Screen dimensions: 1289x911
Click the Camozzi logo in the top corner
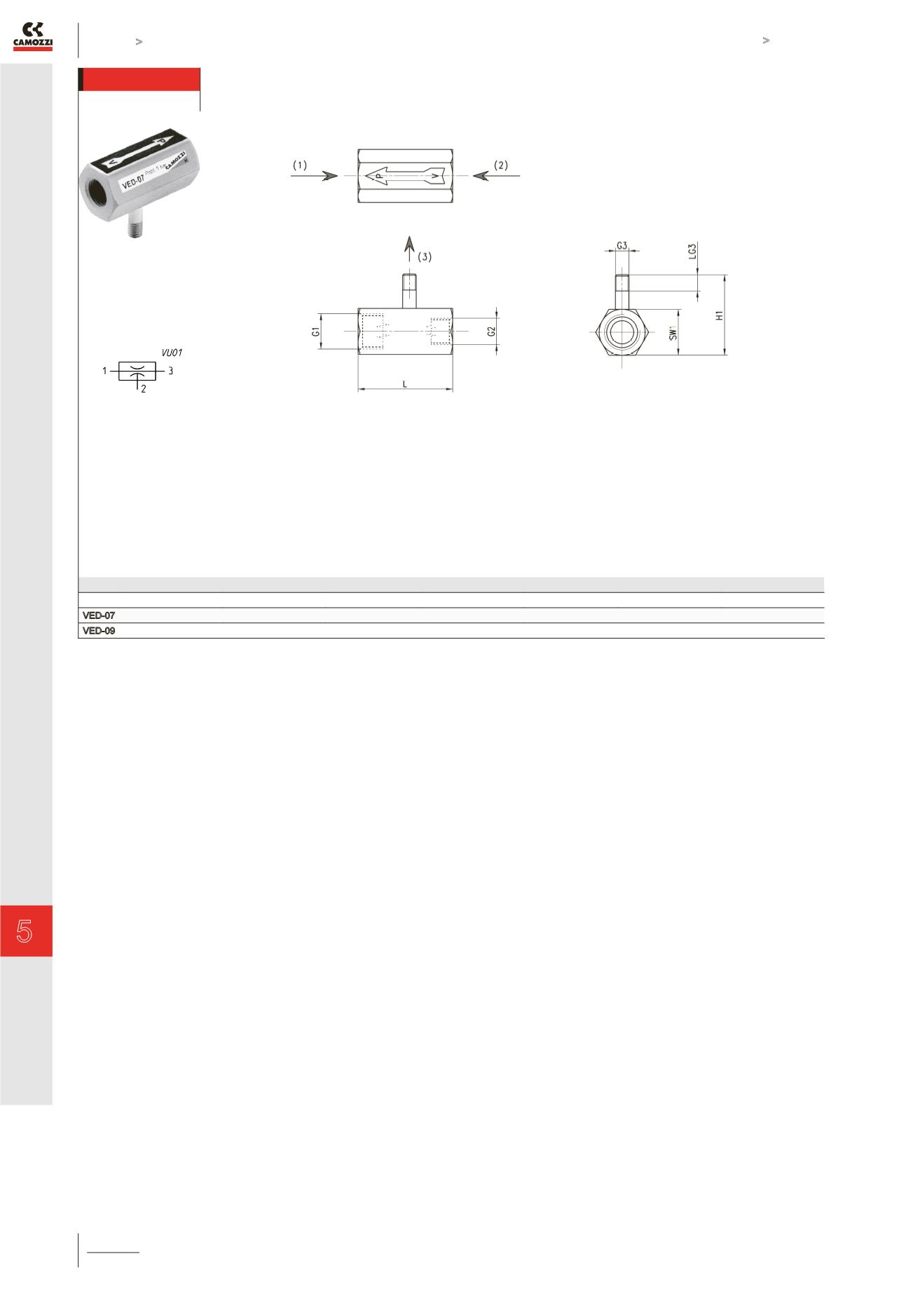coord(33,36)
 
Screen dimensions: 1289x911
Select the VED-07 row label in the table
coord(99,615)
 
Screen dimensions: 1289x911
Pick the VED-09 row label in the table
coord(99,631)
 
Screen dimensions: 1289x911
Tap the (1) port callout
coord(300,165)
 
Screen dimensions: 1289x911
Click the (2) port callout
coord(500,165)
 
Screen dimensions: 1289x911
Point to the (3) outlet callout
coord(425,257)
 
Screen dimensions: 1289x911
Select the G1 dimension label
coord(316,331)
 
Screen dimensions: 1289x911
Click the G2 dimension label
coord(492,331)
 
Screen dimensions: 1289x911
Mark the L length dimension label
coord(404,384)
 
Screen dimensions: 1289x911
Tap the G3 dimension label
coord(622,246)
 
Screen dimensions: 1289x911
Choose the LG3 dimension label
coord(692,252)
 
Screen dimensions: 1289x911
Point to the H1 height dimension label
coord(719,316)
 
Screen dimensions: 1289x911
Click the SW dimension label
coord(673,334)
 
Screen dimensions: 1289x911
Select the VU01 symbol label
coord(172,353)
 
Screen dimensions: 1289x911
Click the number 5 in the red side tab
coord(25,931)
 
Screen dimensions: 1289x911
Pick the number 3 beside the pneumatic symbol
coord(170,371)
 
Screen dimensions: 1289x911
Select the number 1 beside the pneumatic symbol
coord(104,371)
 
